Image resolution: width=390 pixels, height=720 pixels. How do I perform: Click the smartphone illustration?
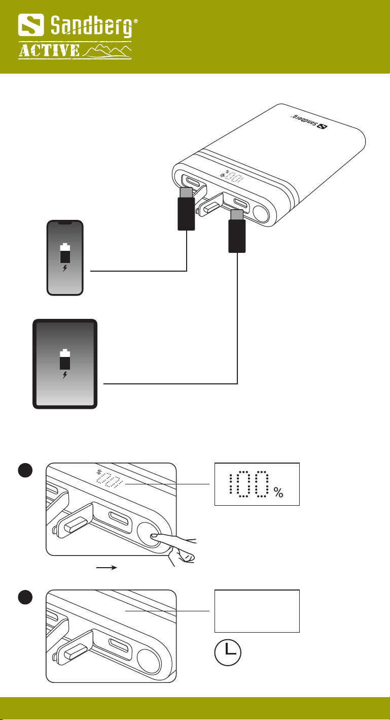click(64, 257)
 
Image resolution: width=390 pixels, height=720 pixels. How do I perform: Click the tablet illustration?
click(64, 364)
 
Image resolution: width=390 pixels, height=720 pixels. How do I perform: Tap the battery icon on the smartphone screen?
click(64, 253)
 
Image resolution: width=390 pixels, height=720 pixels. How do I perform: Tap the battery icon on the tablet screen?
click(64, 358)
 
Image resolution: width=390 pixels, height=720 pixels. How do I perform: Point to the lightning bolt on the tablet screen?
click(64, 376)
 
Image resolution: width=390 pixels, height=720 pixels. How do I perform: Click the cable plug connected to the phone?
click(186, 213)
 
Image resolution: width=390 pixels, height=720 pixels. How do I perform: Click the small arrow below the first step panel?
click(107, 568)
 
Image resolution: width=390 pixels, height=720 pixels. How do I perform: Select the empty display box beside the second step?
click(257, 611)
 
